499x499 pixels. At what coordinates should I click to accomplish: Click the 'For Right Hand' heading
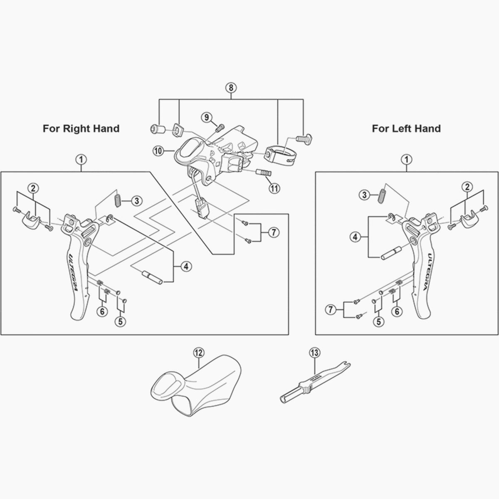tap(81, 128)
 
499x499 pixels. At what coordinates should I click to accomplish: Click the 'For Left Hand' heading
tap(406, 128)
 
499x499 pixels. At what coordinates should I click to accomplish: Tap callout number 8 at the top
tap(231, 88)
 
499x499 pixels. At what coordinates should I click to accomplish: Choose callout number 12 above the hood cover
tap(198, 353)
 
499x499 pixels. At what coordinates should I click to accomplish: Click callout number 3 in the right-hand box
tap(136, 201)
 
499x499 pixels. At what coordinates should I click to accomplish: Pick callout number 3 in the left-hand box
tap(364, 195)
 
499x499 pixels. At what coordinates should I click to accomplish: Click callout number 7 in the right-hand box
tap(273, 233)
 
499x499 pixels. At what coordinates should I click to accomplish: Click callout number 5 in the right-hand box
tap(121, 321)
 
